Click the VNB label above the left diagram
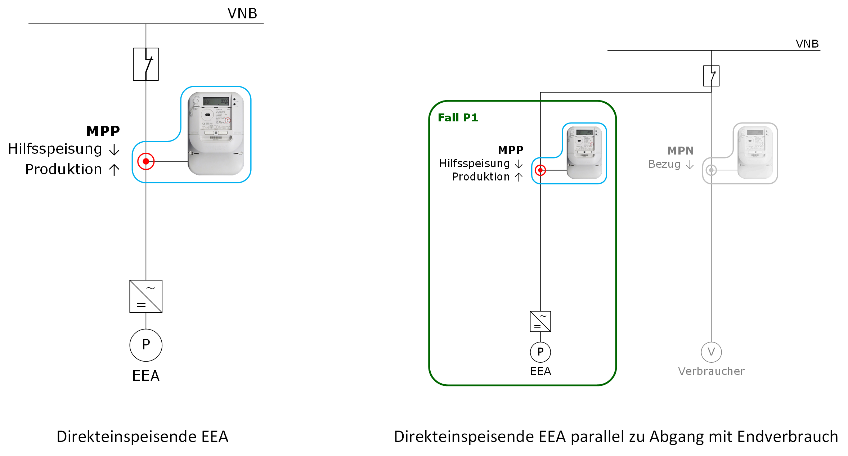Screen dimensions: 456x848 (242, 14)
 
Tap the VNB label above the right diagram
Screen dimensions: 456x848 (807, 44)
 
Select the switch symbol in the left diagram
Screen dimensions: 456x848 (146, 64)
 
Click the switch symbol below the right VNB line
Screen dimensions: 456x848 (711, 76)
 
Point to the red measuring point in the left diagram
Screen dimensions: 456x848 (146, 161)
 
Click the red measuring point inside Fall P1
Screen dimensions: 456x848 (540, 170)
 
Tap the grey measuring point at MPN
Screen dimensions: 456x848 (711, 170)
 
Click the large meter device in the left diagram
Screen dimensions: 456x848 (216, 133)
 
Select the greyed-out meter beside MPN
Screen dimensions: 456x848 (755, 152)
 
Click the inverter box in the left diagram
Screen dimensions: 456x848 (146, 296)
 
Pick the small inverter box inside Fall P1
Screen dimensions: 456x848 (540, 321)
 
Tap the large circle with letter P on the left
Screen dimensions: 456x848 (146, 345)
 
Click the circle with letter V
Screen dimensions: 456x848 (711, 352)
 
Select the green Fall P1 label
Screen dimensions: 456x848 (458, 118)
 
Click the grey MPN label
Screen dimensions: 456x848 (680, 151)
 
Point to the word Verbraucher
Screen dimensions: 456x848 (711, 371)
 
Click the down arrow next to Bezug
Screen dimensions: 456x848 (690, 165)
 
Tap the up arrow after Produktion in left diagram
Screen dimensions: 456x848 (114, 170)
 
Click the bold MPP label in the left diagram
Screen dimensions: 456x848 (103, 131)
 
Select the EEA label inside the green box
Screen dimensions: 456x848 (540, 371)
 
